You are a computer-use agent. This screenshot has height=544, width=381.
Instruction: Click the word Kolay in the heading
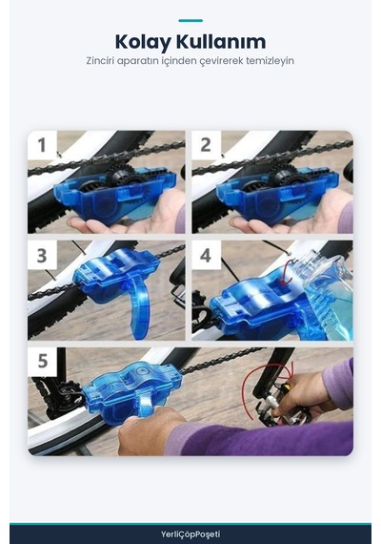pyautogui.click(x=143, y=42)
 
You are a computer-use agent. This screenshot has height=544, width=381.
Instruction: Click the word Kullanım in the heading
pyautogui.click(x=221, y=41)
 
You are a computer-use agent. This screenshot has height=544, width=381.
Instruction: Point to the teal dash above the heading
pyautogui.click(x=190, y=21)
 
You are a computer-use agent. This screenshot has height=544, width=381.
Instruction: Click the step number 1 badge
pyautogui.click(x=42, y=145)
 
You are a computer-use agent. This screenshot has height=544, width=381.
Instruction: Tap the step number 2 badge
pyautogui.click(x=206, y=145)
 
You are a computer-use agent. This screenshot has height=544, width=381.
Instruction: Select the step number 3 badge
pyautogui.click(x=42, y=256)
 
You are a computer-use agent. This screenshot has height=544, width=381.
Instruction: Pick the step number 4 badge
pyautogui.click(x=206, y=256)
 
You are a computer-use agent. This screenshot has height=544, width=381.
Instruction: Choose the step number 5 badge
pyautogui.click(x=42, y=361)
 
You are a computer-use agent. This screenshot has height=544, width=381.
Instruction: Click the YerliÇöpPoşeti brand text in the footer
pyautogui.click(x=190, y=534)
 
